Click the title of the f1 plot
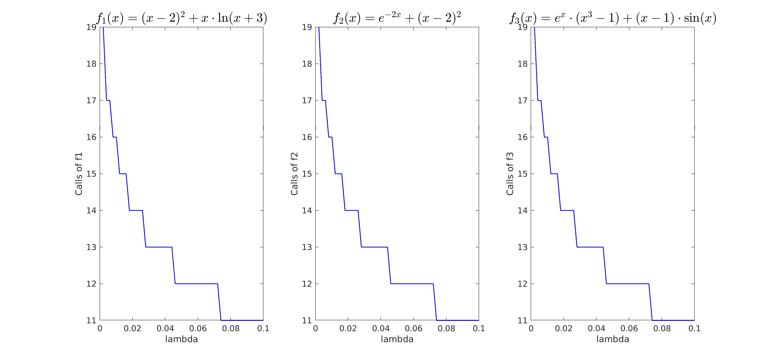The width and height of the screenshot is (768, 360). click(x=182, y=18)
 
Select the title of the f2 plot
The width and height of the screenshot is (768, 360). click(x=397, y=18)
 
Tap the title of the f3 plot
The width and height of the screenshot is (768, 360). click(x=613, y=18)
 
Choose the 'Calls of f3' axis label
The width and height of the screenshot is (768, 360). click(x=510, y=174)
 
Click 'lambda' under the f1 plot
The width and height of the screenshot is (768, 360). click(x=182, y=339)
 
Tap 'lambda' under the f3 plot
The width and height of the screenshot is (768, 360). click(x=613, y=339)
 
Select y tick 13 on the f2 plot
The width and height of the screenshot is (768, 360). click(x=307, y=247)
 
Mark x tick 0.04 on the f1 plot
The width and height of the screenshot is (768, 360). click(x=165, y=328)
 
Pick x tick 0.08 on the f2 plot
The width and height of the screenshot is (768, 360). click(x=446, y=328)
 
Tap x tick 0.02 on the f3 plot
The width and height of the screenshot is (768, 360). click(x=564, y=328)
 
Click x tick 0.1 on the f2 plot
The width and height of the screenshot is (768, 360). click(x=479, y=328)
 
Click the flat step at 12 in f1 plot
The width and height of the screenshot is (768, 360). click(x=196, y=284)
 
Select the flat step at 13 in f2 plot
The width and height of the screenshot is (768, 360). click(x=374, y=247)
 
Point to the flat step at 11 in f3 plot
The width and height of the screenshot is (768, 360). click(x=673, y=320)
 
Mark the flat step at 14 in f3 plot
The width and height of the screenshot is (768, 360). click(x=567, y=210)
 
